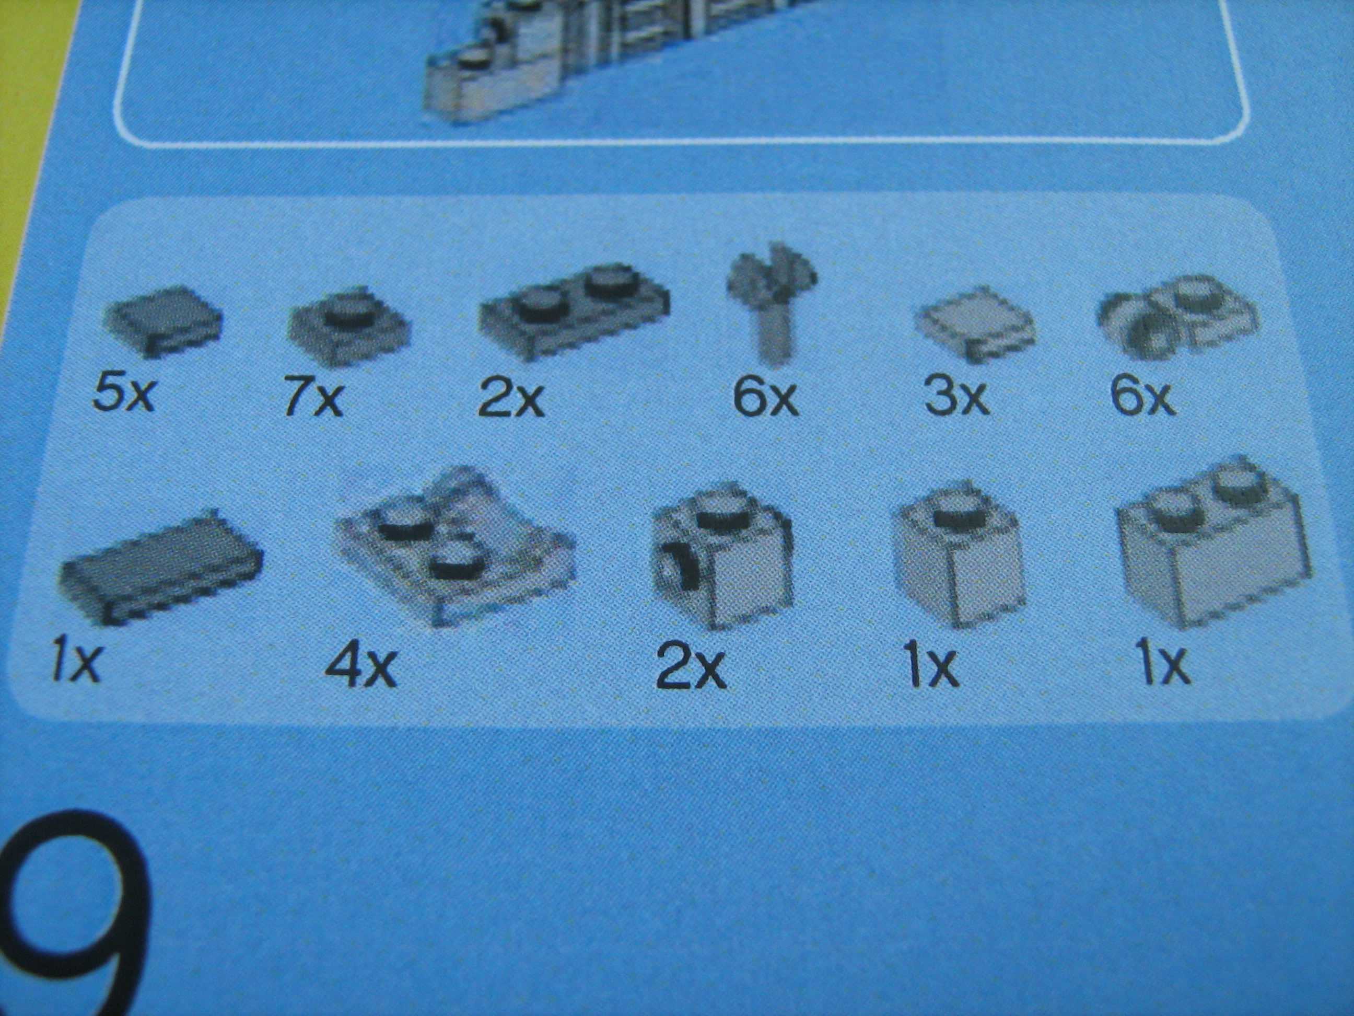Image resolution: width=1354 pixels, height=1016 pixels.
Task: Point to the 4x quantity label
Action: coord(361,666)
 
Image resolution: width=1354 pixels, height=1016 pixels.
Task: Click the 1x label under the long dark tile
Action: coord(75,662)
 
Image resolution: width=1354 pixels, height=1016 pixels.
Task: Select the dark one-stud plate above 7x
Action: coord(348,326)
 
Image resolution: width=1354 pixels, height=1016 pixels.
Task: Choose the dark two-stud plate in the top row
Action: coord(573,311)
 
